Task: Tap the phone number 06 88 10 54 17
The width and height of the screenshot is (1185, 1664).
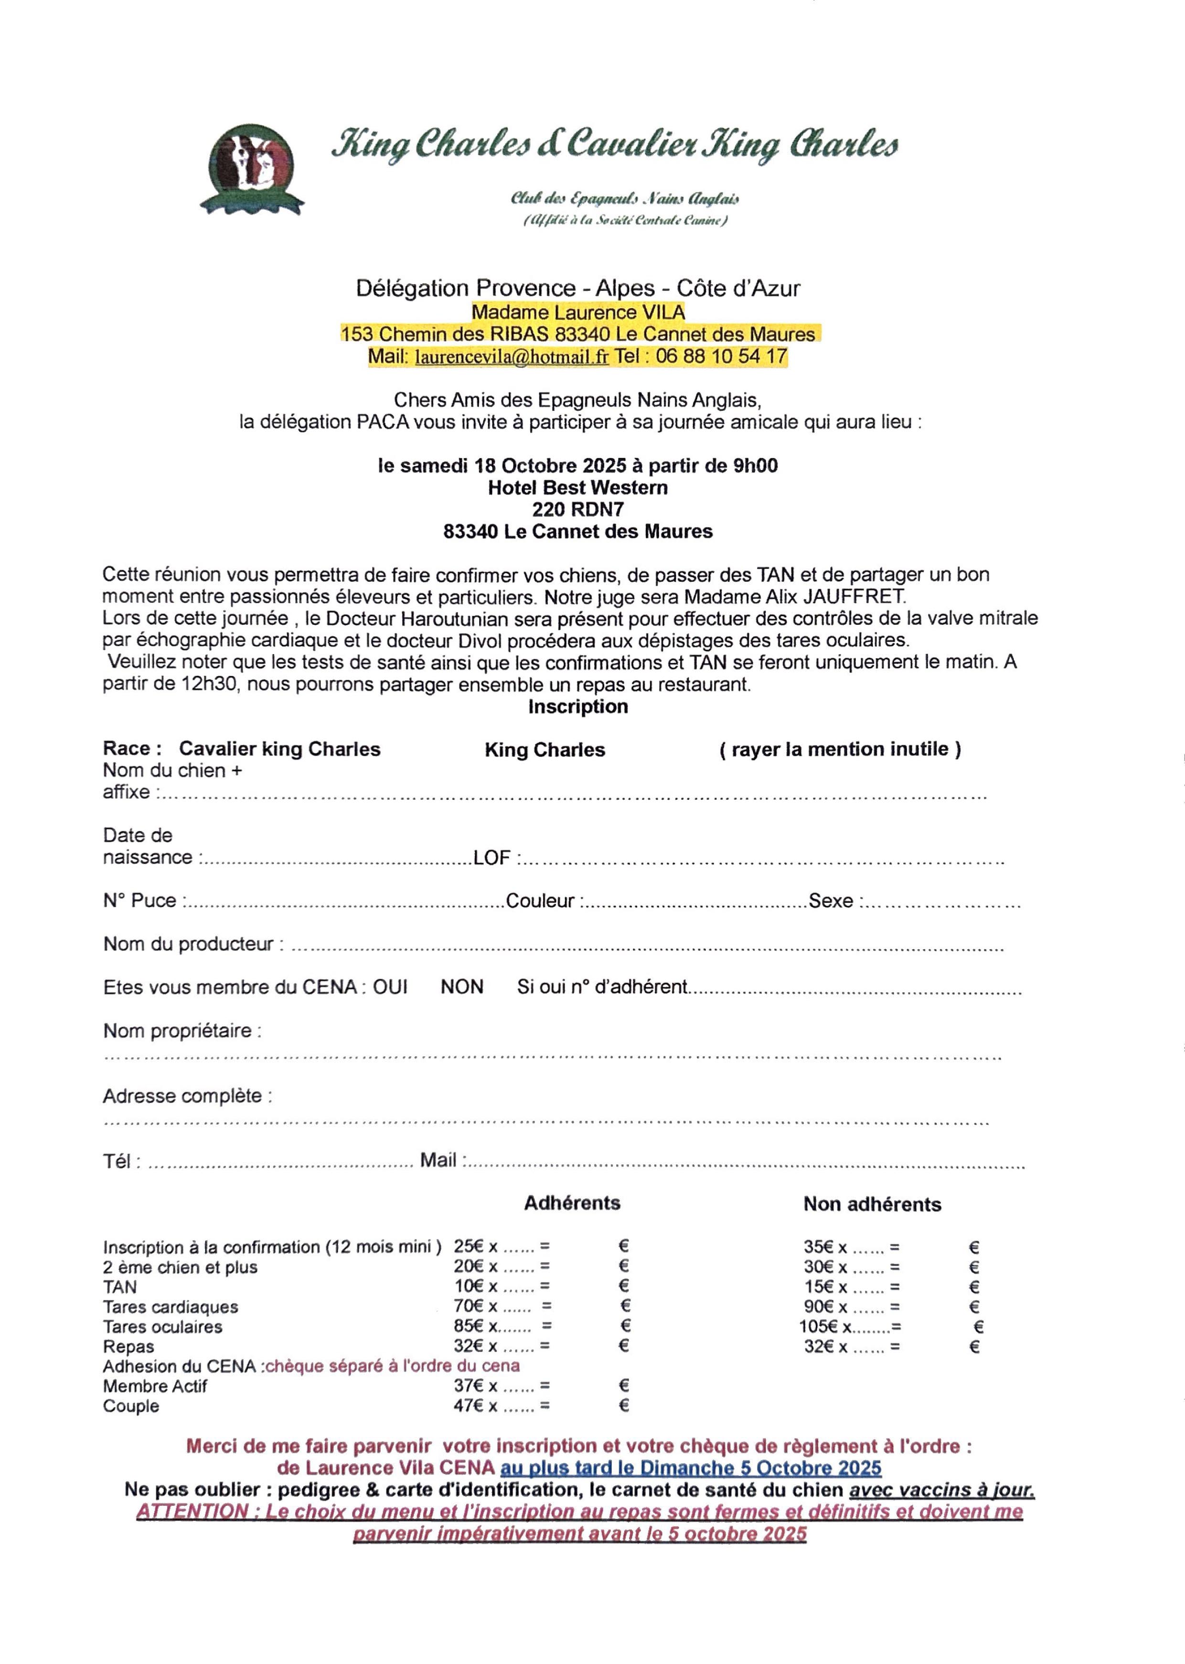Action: coord(721,356)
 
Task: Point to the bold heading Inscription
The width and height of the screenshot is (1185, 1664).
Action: coord(578,707)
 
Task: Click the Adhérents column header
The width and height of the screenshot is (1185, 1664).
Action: coord(572,1203)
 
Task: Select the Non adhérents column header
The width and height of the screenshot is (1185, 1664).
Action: coord(872,1204)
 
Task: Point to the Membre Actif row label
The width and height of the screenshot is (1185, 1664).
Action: coord(155,1386)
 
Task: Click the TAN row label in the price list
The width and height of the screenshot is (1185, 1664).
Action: coord(120,1287)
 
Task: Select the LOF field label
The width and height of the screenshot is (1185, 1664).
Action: coord(492,858)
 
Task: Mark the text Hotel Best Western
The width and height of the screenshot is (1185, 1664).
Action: coord(578,487)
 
